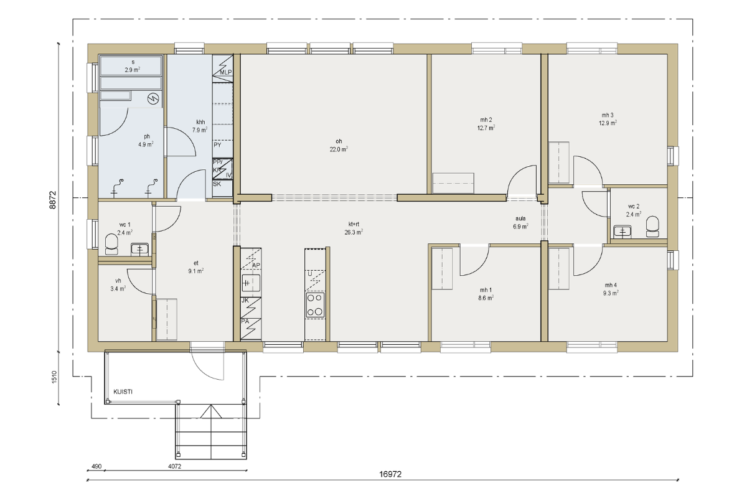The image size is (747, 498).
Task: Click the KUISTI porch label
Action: (123, 392)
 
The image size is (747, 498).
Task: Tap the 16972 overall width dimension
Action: (390, 474)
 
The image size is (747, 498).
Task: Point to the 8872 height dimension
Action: (53, 200)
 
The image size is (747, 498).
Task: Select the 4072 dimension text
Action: (174, 466)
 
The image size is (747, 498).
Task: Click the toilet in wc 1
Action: (111, 245)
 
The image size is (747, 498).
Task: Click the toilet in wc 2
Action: (652, 227)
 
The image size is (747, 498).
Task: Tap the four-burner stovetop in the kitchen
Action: (315, 305)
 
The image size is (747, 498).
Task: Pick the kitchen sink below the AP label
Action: (251, 283)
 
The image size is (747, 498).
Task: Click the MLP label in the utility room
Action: (226, 72)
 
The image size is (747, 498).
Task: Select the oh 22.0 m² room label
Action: (339, 146)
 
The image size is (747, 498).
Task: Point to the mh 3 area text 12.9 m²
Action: (608, 123)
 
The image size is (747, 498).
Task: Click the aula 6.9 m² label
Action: (520, 222)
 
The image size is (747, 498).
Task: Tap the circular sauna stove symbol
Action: (153, 98)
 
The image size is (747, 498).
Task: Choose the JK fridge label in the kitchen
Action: (245, 300)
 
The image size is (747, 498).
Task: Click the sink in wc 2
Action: (622, 232)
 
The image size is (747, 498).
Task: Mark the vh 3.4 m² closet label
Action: (118, 285)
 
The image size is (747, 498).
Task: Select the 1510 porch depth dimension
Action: (54, 377)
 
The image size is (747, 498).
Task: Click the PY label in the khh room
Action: (217, 145)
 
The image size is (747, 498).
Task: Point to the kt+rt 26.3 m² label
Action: (354, 228)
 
